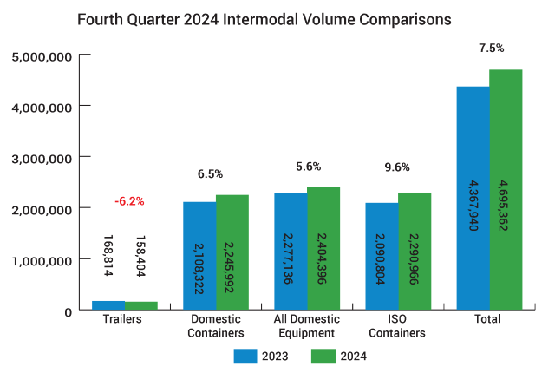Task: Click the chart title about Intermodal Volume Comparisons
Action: [x=264, y=20]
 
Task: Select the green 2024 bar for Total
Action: [x=506, y=189]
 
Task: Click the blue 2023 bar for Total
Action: [x=473, y=198]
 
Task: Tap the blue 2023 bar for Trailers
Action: [x=108, y=305]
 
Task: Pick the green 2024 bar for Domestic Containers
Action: [x=232, y=252]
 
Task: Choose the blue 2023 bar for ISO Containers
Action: [x=382, y=256]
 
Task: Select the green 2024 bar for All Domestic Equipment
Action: [x=323, y=248]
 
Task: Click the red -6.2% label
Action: [x=129, y=201]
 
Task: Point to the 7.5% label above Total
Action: [x=491, y=48]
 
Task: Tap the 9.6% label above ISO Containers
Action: [x=397, y=167]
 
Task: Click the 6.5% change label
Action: [x=210, y=173]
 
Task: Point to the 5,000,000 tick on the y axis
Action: [x=42, y=56]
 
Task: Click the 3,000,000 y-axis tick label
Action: [x=42, y=159]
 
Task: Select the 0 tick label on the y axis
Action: [x=69, y=312]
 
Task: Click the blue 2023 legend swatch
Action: [x=245, y=356]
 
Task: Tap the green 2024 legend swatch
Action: [x=323, y=356]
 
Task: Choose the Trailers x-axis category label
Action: [x=122, y=318]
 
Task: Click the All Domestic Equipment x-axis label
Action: [x=307, y=325]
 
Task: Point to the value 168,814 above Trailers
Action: [x=108, y=256]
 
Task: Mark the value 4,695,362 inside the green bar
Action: [x=503, y=206]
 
